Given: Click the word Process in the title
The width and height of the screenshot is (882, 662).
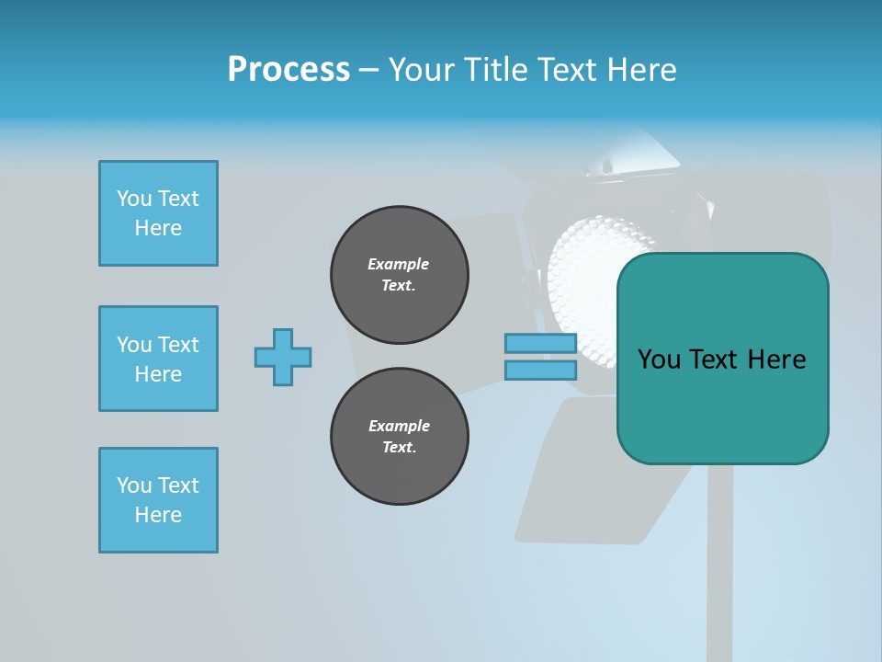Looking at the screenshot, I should [x=288, y=70].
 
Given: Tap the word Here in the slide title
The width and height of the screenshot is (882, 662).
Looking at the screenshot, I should [x=639, y=70].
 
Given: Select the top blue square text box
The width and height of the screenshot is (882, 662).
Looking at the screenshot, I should [x=158, y=213].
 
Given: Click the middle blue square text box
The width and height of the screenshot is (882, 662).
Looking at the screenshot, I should [x=158, y=359].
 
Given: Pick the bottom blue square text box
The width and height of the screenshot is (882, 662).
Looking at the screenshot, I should [x=158, y=500].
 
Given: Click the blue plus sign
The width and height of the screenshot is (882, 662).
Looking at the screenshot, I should [x=283, y=357].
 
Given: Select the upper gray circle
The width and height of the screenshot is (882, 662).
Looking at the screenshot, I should [x=400, y=275].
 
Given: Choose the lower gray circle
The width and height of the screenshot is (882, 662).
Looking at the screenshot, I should [x=400, y=437].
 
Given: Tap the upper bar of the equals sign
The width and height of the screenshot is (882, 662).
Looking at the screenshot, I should [x=540, y=344].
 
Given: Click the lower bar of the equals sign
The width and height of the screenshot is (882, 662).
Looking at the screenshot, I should [x=540, y=371].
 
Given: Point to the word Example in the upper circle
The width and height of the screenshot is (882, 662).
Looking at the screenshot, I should [x=399, y=264].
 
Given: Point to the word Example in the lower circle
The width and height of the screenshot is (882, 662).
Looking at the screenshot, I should [x=399, y=426].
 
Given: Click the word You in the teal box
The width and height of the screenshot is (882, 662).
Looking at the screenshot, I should [x=658, y=360].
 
